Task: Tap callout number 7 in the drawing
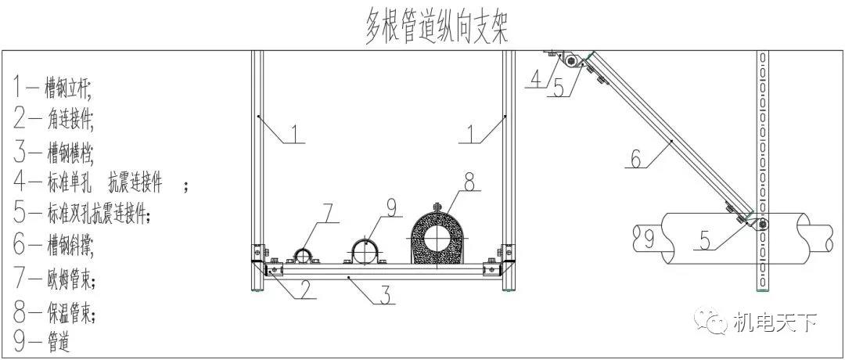coord(329,213)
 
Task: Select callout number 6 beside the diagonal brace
coord(635,160)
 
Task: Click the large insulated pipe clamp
coord(439,235)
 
